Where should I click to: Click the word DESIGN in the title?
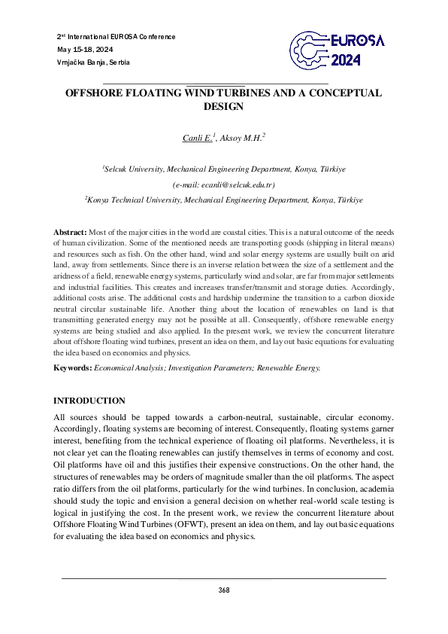(x=223, y=107)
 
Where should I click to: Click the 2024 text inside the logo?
(x=347, y=61)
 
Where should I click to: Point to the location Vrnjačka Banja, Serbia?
(x=93, y=62)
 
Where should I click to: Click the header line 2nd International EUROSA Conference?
(x=116, y=36)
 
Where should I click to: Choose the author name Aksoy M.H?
(x=243, y=138)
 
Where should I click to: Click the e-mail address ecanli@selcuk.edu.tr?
(x=223, y=185)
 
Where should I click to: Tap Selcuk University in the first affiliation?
(x=134, y=170)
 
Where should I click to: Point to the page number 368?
(x=223, y=590)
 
